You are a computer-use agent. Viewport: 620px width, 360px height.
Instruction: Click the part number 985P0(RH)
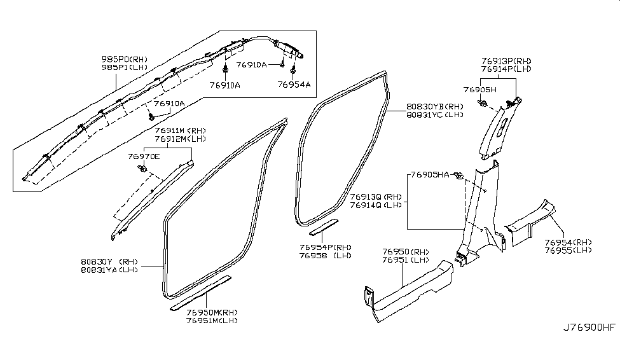125,59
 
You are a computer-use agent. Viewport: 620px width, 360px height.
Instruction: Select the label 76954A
294,84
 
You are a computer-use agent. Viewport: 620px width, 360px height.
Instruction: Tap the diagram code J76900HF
589,328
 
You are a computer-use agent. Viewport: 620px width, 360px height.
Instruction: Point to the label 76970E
144,156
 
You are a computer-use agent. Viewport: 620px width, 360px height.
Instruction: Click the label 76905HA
430,174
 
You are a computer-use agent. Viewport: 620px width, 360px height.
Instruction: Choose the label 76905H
480,90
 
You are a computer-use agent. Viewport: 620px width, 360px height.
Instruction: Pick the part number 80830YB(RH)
435,106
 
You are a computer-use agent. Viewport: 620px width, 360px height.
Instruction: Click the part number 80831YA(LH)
109,270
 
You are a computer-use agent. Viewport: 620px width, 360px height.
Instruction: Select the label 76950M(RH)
212,312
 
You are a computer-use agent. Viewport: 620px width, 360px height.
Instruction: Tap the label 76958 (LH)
326,256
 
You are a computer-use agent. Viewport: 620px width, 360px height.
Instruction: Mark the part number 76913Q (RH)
376,197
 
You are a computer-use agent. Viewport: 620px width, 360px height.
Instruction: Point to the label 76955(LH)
568,251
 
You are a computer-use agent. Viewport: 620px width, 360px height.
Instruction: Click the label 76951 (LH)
406,260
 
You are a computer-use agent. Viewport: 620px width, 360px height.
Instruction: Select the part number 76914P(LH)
506,69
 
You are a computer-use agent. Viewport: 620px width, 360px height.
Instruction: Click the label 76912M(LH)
181,139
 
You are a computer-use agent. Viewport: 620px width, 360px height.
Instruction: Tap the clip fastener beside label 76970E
142,168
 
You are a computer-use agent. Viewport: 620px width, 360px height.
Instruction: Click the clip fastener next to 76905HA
459,176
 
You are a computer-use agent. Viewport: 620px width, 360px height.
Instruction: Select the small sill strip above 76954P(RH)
324,228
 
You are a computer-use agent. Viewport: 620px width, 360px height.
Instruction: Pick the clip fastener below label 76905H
482,104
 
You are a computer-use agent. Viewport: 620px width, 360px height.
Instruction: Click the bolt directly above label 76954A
293,72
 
